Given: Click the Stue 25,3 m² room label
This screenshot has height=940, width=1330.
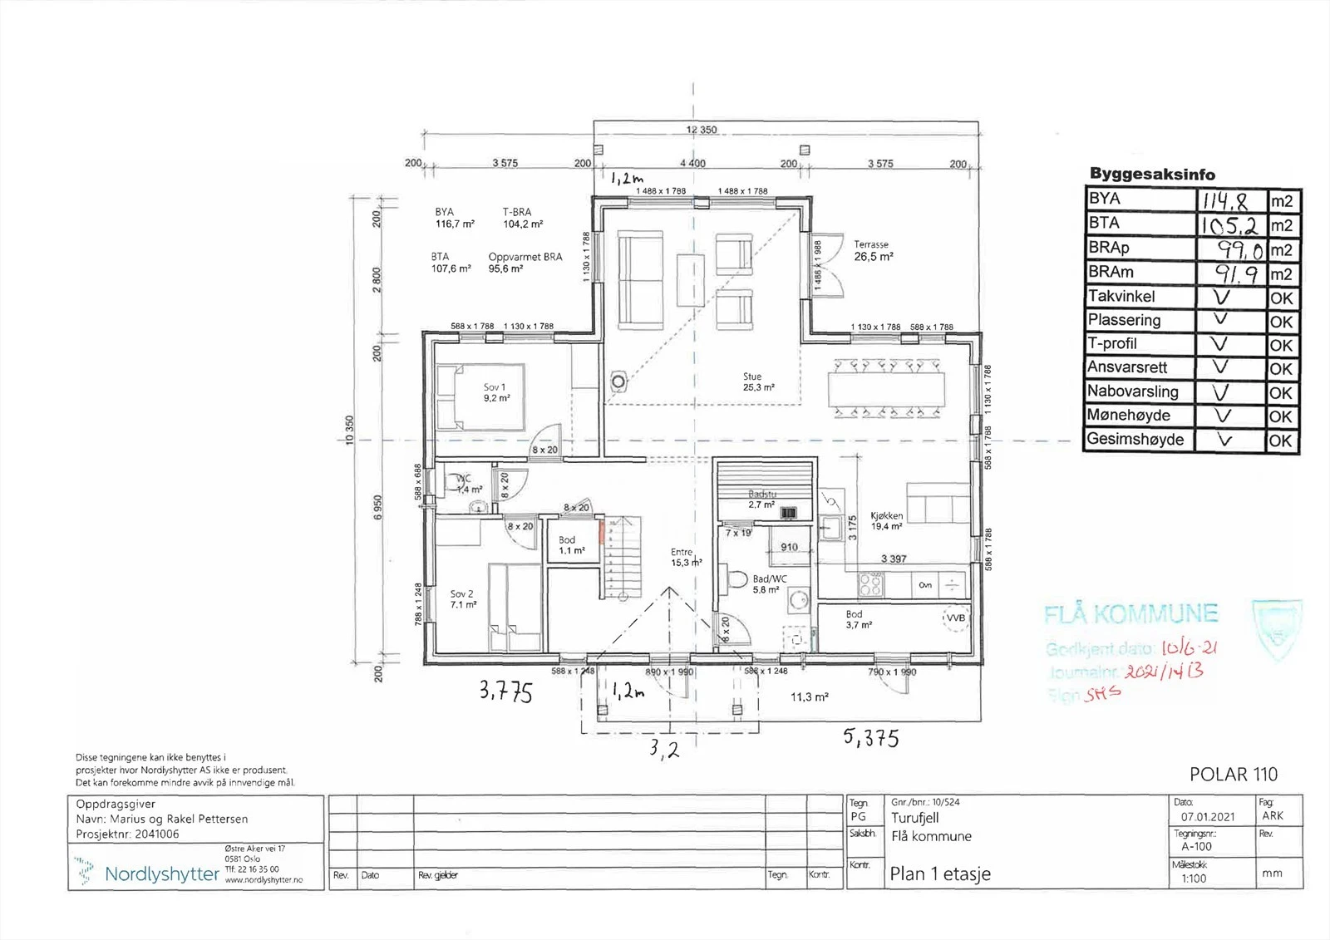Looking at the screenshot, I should (x=758, y=381).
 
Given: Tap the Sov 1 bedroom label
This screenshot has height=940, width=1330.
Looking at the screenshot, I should (x=495, y=392).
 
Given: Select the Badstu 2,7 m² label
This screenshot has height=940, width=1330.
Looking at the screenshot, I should (x=761, y=499).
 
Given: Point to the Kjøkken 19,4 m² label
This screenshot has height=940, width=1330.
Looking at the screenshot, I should (x=886, y=520).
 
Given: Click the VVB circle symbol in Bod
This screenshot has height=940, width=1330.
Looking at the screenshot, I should (x=956, y=618).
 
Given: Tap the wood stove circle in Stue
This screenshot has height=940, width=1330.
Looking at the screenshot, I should (x=618, y=381).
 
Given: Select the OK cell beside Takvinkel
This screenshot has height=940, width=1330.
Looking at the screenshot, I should (x=1281, y=298).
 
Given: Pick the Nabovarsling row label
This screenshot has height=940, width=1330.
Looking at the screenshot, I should (x=1132, y=391).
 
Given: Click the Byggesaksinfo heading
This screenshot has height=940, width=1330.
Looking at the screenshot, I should (x=1152, y=174).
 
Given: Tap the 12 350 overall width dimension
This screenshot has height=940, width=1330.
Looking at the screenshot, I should (x=701, y=130).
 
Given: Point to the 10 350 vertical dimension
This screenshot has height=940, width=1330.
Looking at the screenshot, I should (x=350, y=429).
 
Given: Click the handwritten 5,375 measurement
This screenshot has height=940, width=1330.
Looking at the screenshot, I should (x=870, y=737).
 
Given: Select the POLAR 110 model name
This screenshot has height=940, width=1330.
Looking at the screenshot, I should (x=1233, y=775).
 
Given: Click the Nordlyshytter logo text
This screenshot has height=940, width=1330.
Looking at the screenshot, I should (x=161, y=874).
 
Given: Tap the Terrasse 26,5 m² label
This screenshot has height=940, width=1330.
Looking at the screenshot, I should (x=873, y=251).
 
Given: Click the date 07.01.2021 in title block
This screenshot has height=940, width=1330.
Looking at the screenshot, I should (x=1196, y=817).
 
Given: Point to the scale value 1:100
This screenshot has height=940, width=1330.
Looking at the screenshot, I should (x=1194, y=878).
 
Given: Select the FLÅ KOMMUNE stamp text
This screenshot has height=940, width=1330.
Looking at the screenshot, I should (x=1130, y=615).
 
